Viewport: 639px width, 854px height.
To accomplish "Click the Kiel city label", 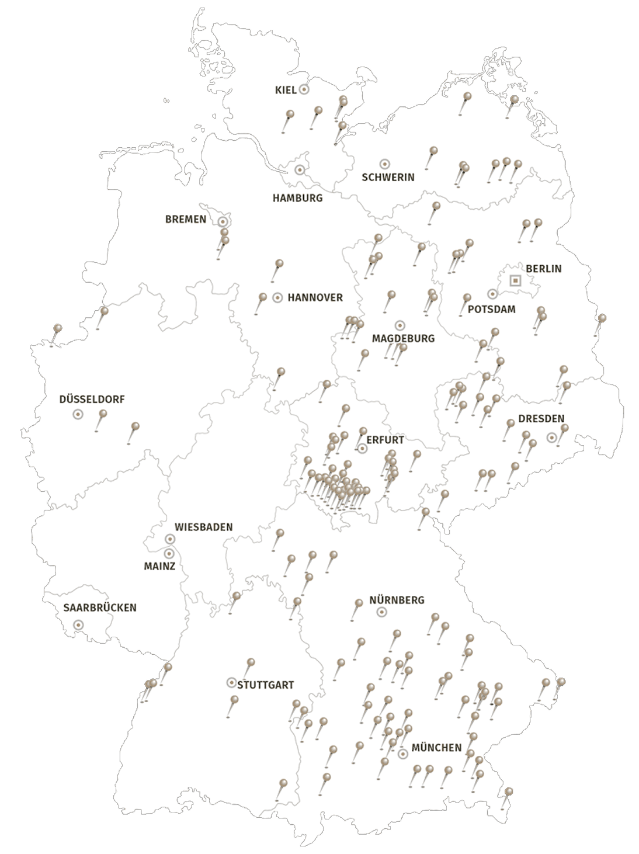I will click(286, 90).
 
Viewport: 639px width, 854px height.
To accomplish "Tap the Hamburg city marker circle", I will click(300, 170).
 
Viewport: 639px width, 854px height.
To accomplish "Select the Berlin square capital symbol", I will click(515, 280).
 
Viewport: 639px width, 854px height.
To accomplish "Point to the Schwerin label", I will click(388, 177).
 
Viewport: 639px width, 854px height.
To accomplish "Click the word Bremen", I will click(186, 220).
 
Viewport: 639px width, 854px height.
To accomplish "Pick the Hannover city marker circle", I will click(278, 297).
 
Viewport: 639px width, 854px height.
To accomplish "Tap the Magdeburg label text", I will click(403, 338).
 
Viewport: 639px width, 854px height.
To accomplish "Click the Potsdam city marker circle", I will click(492, 294).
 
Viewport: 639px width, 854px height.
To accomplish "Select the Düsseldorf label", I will click(92, 400).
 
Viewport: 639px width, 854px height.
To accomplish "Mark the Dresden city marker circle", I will click(551, 437).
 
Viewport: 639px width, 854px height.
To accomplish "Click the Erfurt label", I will click(385, 440).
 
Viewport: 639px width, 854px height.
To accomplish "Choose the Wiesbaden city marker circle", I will click(170, 539).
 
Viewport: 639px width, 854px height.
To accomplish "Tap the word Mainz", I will click(159, 566).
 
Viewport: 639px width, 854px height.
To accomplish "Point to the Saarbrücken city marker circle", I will click(78, 624).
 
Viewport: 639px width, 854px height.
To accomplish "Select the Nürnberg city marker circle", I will click(381, 612).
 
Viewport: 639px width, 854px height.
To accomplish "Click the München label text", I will click(436, 748).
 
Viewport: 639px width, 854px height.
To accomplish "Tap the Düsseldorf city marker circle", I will click(77, 414).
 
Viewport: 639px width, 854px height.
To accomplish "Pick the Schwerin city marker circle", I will click(384, 164).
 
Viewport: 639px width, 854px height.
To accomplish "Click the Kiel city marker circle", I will click(304, 89).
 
